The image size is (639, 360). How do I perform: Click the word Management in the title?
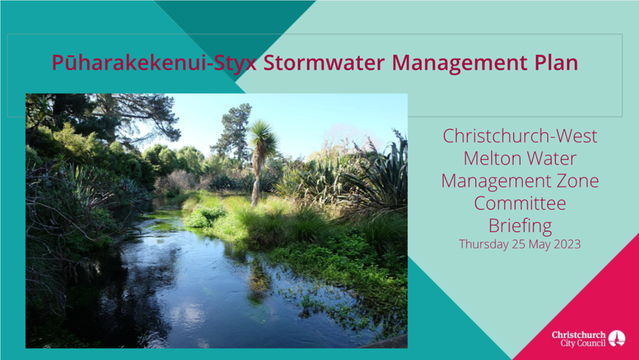[x=457, y=63]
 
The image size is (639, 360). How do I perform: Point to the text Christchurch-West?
[x=520, y=136]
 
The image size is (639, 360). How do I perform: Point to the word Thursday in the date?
[x=482, y=244]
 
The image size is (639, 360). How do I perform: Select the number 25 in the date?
[x=518, y=244]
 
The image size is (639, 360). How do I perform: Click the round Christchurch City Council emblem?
[x=617, y=338]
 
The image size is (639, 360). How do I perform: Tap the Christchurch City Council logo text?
[x=578, y=339]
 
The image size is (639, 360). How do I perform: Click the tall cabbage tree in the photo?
[x=261, y=137]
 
